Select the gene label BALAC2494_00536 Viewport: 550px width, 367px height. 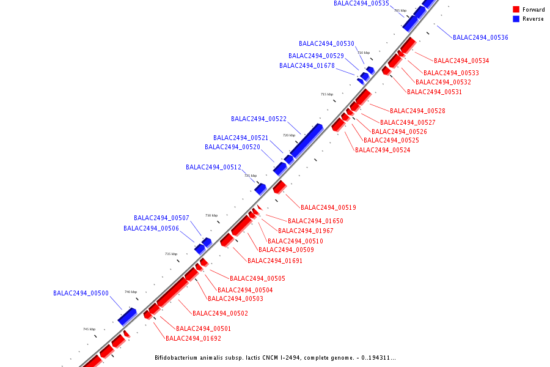point(480,38)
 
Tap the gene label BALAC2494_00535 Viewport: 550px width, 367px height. point(361,4)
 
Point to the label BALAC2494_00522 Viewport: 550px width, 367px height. point(258,119)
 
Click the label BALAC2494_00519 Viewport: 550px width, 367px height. point(328,208)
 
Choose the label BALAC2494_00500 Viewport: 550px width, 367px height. point(81,294)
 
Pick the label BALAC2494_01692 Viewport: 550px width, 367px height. point(193,339)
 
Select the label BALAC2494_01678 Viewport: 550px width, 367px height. point(307,66)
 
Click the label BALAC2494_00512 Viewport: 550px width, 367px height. point(213,168)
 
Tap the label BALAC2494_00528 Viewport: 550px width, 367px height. point(417,111)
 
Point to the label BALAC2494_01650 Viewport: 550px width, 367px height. point(315,221)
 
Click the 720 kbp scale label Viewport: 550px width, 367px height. point(288,135)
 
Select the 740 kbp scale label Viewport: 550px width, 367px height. point(131,292)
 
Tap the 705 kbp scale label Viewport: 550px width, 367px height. point(400,11)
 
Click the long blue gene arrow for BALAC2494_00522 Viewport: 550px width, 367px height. point(306,139)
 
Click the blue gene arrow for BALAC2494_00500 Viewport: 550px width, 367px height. point(128,316)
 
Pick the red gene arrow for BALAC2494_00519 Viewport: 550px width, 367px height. point(280,187)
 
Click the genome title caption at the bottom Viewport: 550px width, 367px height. point(275,358)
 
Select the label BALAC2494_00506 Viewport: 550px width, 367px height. point(151,229)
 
